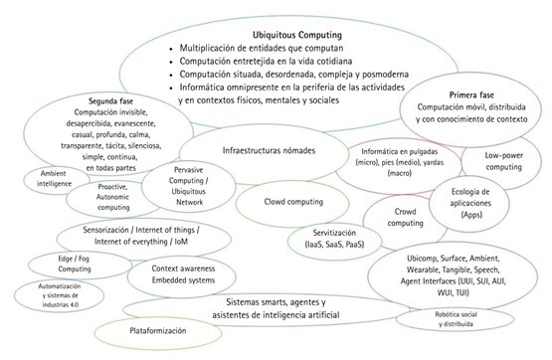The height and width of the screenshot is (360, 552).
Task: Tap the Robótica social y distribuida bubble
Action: pos(458,318)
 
